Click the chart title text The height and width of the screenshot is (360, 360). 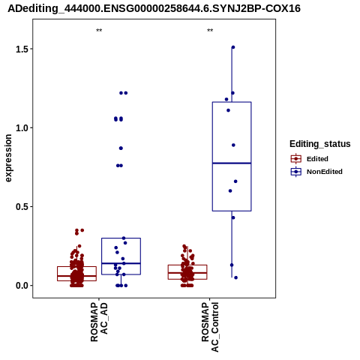[x=154, y=9]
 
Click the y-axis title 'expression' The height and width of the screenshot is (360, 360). [x=8, y=158]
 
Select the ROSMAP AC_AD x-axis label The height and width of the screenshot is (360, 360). [x=99, y=322]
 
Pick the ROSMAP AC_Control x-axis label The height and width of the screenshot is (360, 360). [x=210, y=327]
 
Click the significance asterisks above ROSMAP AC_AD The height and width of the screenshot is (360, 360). [x=99, y=31]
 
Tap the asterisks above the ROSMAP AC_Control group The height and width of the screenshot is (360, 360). [x=210, y=31]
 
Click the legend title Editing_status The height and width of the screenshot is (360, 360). [x=320, y=144]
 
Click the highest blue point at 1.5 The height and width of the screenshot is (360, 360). [x=233, y=47]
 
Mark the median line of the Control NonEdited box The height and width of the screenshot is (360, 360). [x=232, y=163]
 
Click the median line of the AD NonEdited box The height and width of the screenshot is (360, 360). [x=121, y=263]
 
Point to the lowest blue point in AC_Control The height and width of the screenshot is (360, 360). [x=235, y=277]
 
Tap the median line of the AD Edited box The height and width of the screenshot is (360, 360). [x=76, y=276]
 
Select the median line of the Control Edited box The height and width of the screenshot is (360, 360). [x=187, y=272]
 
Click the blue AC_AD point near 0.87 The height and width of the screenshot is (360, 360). [x=121, y=148]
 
